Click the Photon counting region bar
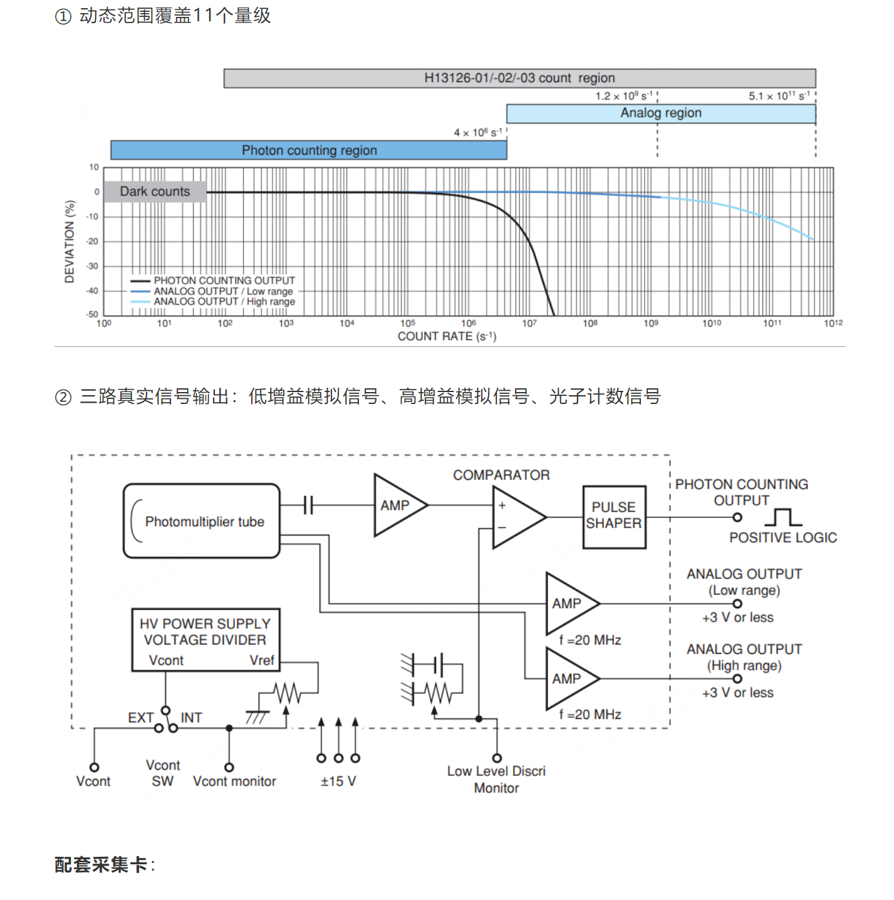coord(308,150)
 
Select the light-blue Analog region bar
coord(661,113)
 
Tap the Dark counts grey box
coord(155,192)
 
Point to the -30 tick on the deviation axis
coord(91,266)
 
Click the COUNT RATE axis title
coord(447,336)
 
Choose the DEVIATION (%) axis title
coord(70,242)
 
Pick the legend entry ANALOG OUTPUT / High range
coord(212,302)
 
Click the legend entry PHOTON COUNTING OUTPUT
coord(212,280)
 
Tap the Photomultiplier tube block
coord(202,520)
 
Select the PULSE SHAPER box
coord(614,517)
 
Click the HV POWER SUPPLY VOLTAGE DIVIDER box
coord(205,640)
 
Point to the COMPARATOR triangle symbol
coord(519,517)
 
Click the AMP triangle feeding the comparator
coord(400,505)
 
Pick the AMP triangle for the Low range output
coord(572,603)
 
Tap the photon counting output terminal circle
coord(737,517)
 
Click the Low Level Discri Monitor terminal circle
coord(497,758)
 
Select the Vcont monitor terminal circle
coord(229,767)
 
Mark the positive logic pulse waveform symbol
coord(783,517)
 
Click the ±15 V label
coord(338,781)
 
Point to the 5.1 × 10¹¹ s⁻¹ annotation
coord(779,96)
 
